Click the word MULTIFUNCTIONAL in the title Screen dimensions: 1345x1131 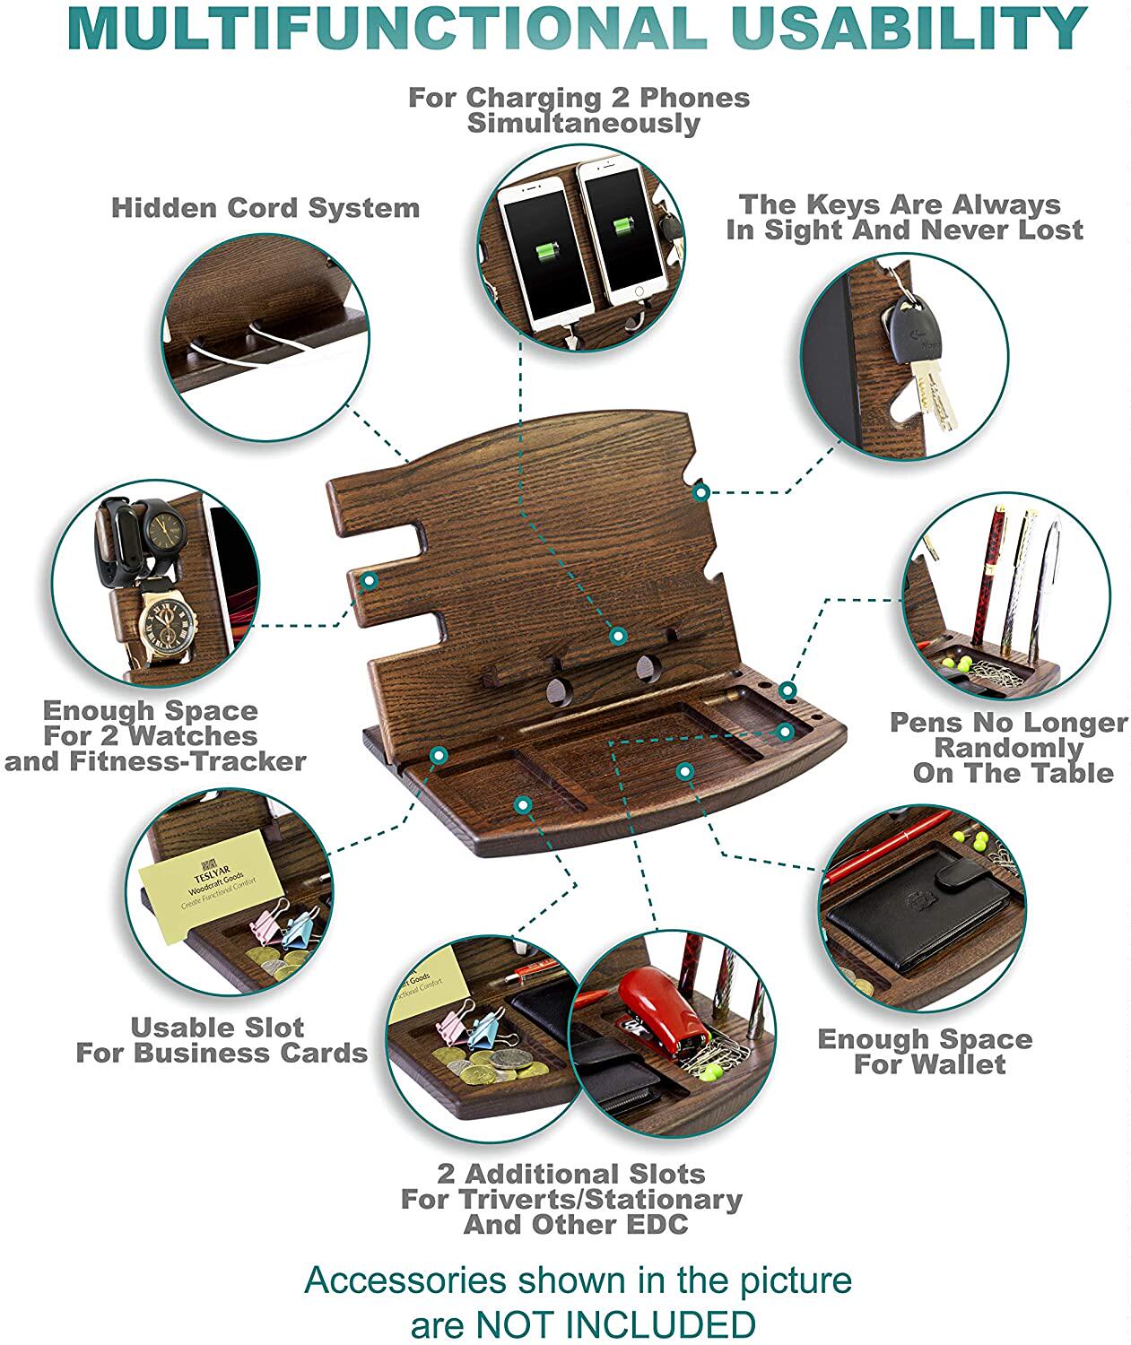[x=386, y=28]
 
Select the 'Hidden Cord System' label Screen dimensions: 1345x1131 [x=265, y=208]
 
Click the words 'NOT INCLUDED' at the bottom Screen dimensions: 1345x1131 [x=615, y=1323]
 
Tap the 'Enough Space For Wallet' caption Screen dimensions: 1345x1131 [x=925, y=1052]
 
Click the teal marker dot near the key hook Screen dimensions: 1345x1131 [x=701, y=491]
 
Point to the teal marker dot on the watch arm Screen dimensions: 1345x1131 [x=369, y=581]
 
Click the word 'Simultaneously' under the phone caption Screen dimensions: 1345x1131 [x=583, y=123]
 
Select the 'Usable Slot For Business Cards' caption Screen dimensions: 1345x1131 [x=222, y=1040]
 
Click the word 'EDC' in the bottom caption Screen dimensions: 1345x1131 [x=658, y=1224]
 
